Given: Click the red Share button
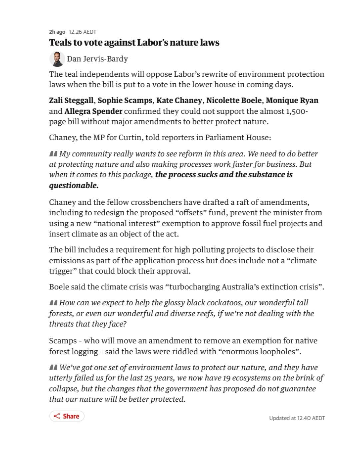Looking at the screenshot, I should [x=67, y=416].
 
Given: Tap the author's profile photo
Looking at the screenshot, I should [x=57, y=59].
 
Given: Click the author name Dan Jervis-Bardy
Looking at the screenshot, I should [x=97, y=59].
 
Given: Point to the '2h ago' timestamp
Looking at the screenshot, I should [x=57, y=32].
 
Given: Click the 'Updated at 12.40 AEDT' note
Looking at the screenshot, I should [x=297, y=418].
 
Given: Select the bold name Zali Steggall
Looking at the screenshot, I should [x=71, y=100].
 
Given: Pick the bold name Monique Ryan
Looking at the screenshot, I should [x=292, y=100].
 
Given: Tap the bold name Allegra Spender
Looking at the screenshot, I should [x=93, y=111].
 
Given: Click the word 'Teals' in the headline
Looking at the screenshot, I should [x=61, y=43].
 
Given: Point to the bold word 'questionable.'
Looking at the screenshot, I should [x=74, y=185].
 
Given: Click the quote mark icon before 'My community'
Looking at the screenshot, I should [x=53, y=154].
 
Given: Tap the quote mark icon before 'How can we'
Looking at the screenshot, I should [x=53, y=303].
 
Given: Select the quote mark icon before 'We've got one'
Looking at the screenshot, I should [x=53, y=368].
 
